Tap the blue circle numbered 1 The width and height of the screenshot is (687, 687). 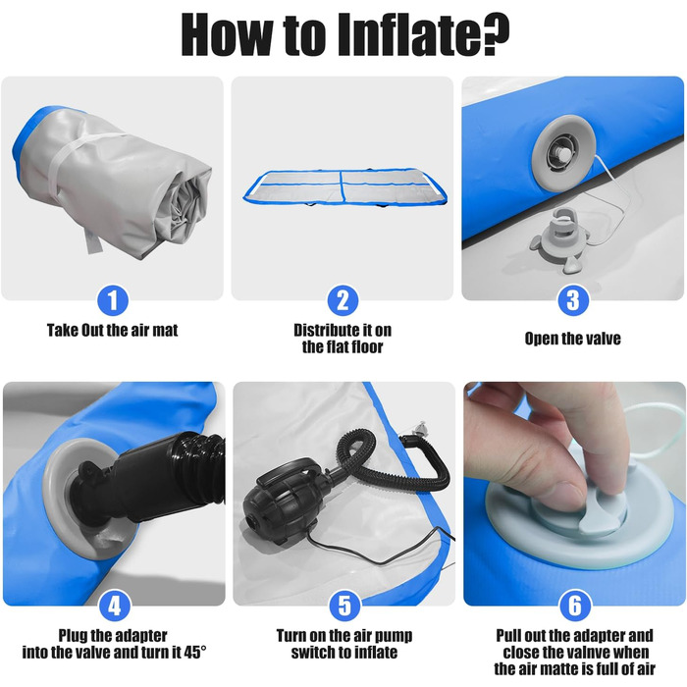click(x=113, y=300)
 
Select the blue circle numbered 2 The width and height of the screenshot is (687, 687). click(x=343, y=300)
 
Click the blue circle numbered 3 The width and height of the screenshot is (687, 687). click(x=572, y=300)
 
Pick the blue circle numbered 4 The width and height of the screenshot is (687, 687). click(x=115, y=606)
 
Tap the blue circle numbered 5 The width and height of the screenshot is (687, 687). click(x=344, y=606)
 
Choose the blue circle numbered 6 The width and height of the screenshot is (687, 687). click(x=574, y=606)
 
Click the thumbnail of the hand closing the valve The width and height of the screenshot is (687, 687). click(x=574, y=494)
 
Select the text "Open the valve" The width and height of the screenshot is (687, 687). click(x=572, y=339)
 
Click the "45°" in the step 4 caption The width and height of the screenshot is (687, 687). click(x=194, y=653)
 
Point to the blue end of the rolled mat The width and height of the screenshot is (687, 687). click(x=26, y=140)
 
